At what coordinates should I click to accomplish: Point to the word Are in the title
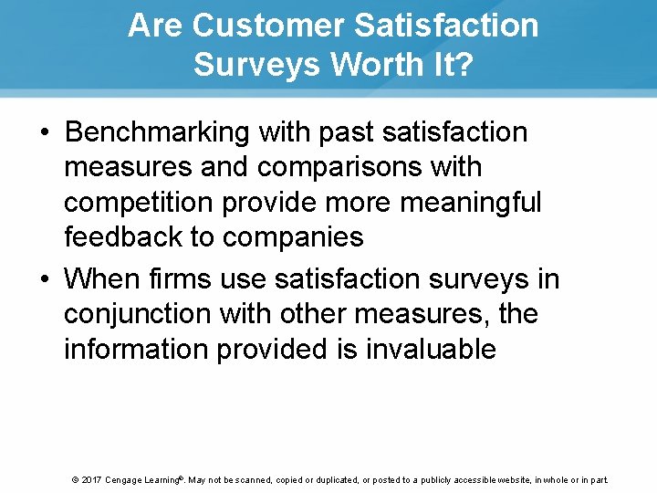tap(155, 26)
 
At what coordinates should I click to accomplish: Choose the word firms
tap(178, 278)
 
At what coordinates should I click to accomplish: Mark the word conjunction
tap(138, 314)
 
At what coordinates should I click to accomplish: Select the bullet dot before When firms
tap(45, 278)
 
